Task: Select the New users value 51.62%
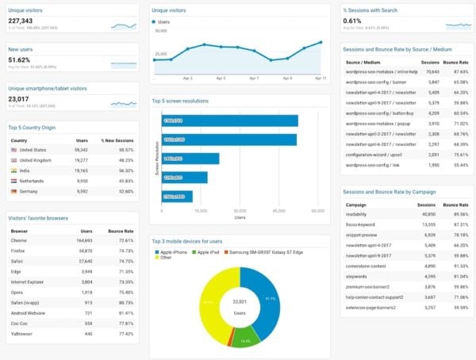point(20,60)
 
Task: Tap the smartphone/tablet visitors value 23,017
point(20,98)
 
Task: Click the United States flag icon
point(13,149)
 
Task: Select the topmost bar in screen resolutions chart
point(229,121)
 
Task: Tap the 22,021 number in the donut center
point(239,301)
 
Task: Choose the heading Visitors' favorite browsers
point(37,217)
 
